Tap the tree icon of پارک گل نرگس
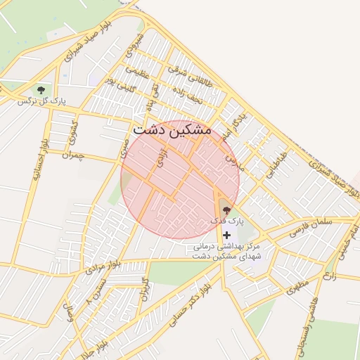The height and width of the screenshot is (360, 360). point(41,90)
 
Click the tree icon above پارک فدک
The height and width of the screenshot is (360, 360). point(226,210)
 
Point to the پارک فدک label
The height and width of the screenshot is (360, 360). point(226,221)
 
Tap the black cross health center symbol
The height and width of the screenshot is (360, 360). point(226,234)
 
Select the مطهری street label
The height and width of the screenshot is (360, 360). point(298,288)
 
